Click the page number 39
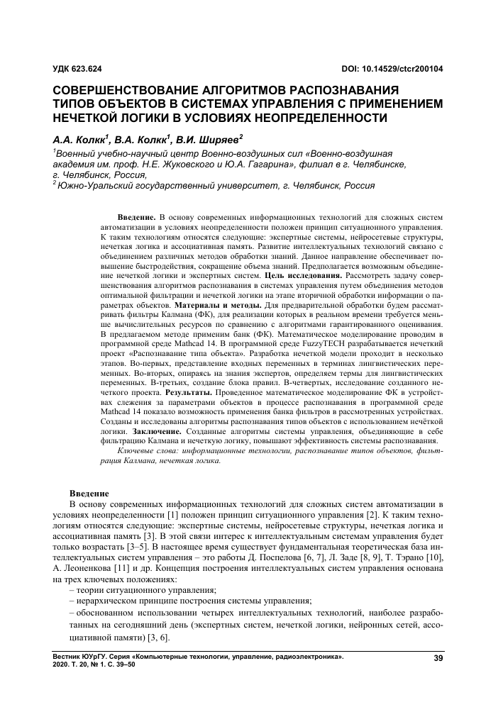coord(438,661)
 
